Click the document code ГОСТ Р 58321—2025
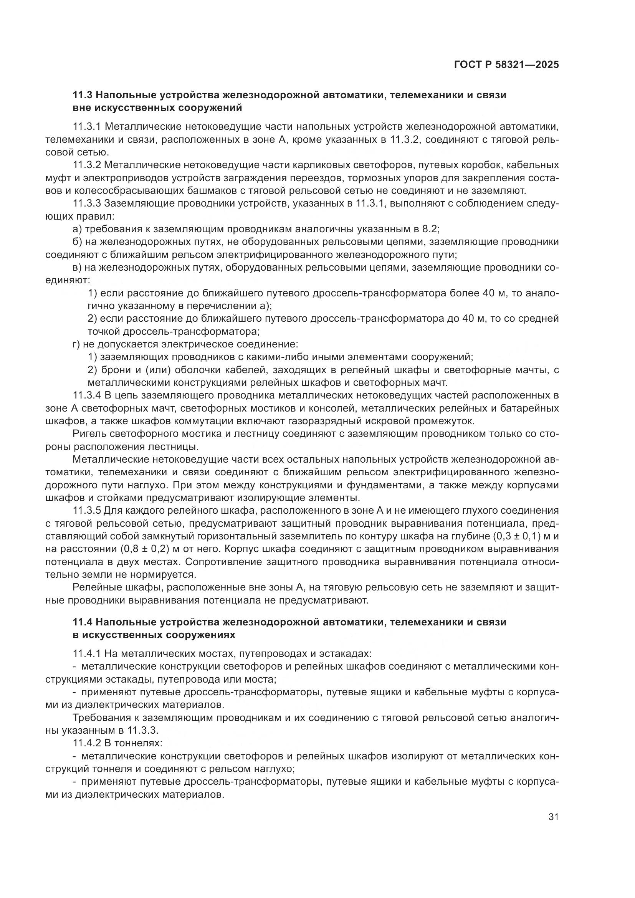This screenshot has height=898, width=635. [506, 65]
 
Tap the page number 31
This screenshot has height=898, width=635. [553, 817]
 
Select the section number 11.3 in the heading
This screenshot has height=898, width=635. [82, 95]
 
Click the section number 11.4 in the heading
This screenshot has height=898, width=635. [82, 622]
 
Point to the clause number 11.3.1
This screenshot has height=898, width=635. [87, 127]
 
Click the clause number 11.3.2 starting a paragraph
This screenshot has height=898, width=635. [87, 165]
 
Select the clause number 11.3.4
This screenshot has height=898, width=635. [87, 395]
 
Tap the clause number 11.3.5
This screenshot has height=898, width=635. [87, 510]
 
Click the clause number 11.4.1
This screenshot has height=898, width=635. [87, 653]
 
